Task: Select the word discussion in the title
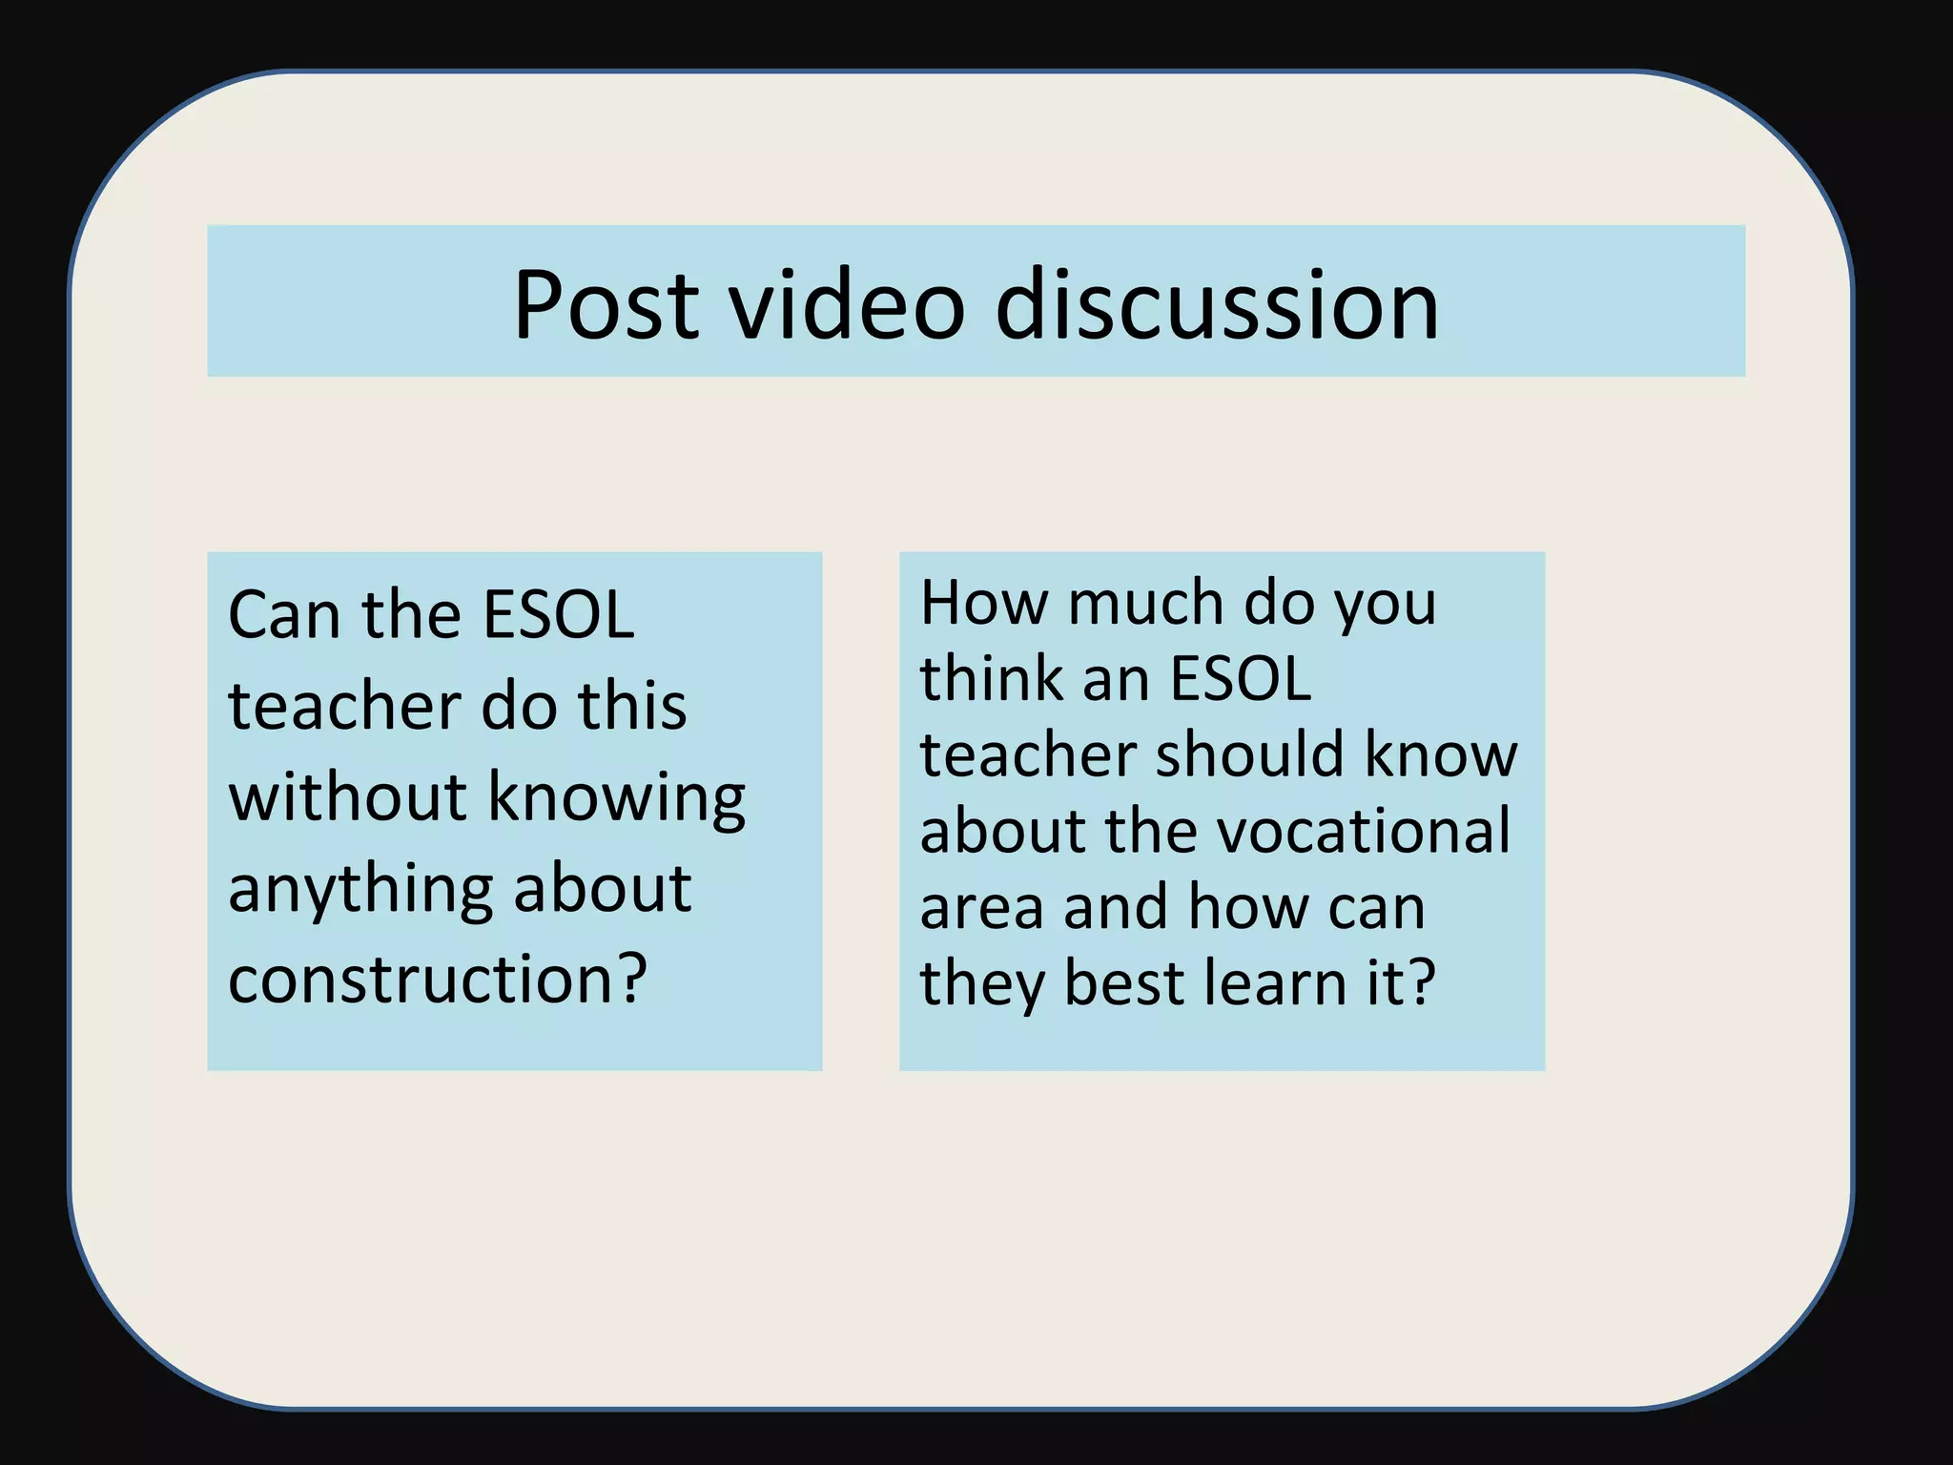(1217, 304)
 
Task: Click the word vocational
(1365, 831)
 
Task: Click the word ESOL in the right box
(1240, 679)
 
